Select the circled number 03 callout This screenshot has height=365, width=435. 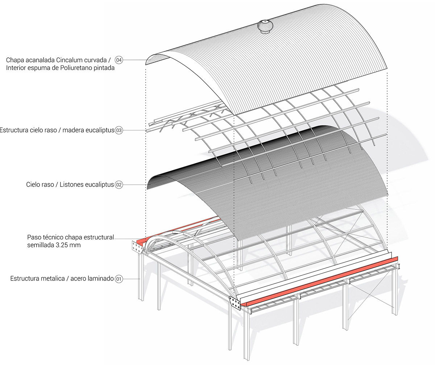(119, 130)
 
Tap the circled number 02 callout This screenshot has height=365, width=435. (119, 185)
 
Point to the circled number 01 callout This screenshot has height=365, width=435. (119, 279)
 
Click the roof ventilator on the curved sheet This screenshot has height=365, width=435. (265, 28)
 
